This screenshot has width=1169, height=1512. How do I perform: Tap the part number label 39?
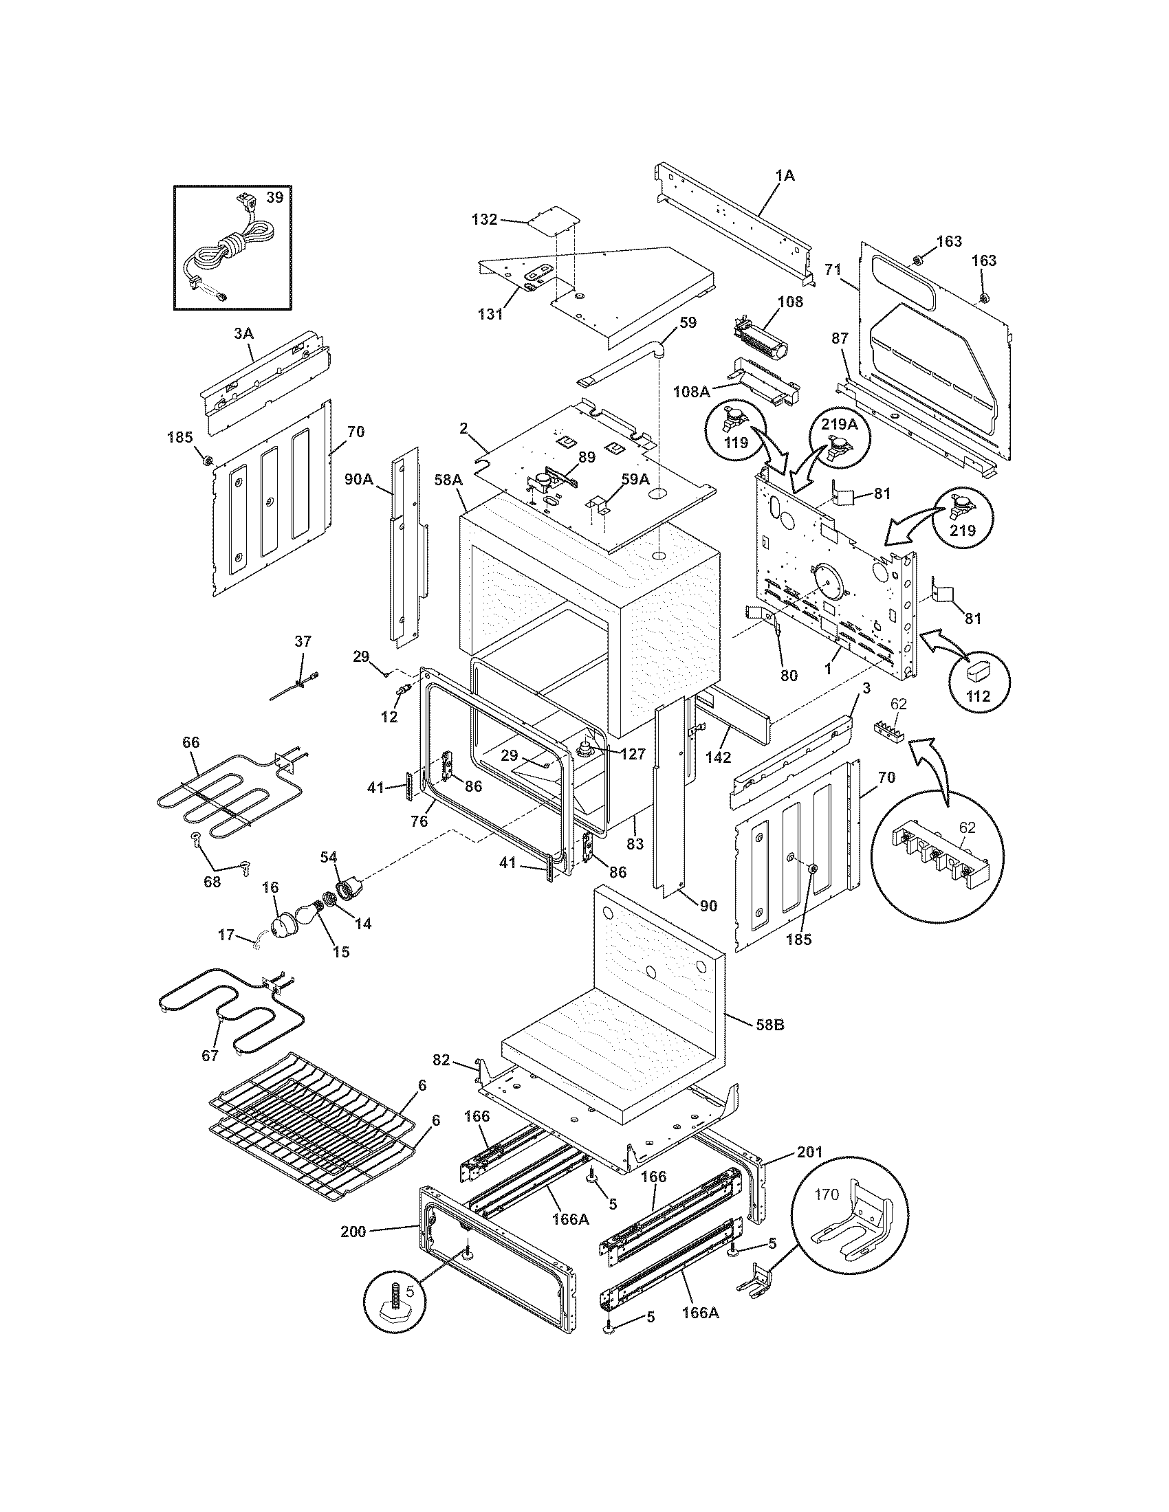pos(274,197)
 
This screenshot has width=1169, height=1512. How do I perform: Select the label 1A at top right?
pos(785,176)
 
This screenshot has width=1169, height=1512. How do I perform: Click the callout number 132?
pos(484,219)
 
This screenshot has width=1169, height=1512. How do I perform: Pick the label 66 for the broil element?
pos(190,742)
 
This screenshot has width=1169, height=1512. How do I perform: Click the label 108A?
pos(692,391)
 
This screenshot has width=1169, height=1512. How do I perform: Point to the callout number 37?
pos(303,641)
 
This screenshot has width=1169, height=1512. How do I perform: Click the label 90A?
pos(359,478)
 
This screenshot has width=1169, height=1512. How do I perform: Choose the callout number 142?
pos(718,757)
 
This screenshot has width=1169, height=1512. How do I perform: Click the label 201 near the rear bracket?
pos(809,1152)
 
